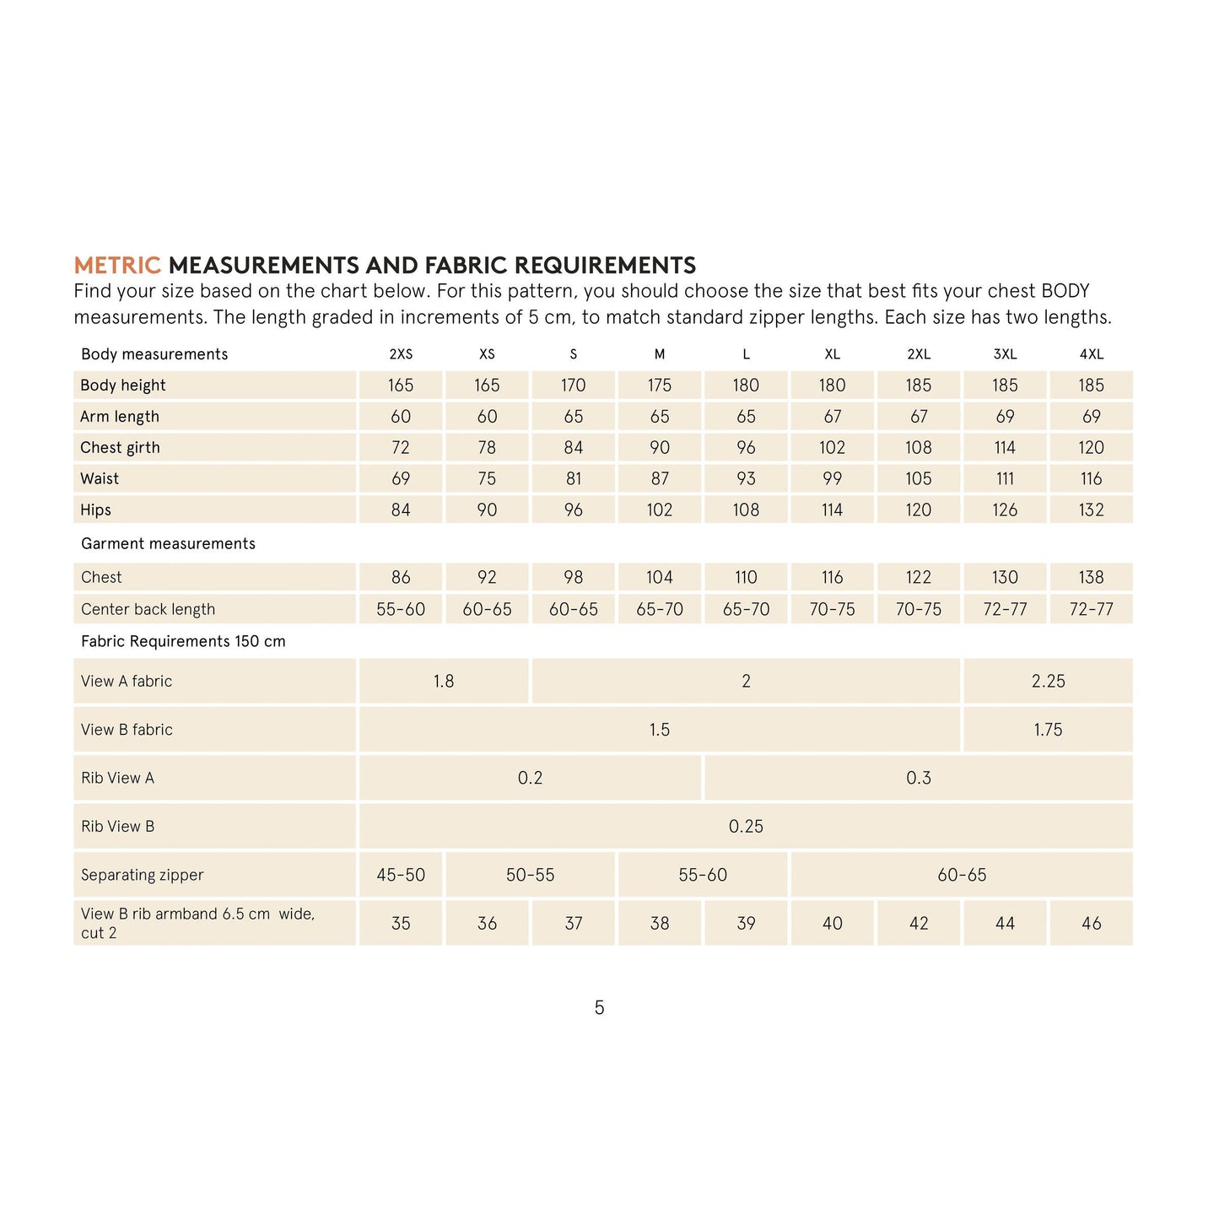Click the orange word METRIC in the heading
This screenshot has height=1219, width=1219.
pyautogui.click(x=116, y=266)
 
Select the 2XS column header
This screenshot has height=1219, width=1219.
pyautogui.click(x=401, y=354)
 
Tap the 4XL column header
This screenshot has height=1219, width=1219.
pyautogui.click(x=1091, y=354)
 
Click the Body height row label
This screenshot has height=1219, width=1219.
pyautogui.click(x=123, y=386)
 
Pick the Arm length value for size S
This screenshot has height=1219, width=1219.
pyautogui.click(x=573, y=417)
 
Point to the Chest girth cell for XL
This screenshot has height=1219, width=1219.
pyautogui.click(x=832, y=448)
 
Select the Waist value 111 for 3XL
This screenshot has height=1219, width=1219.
pyautogui.click(x=1005, y=479)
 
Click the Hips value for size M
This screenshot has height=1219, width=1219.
pyautogui.click(x=659, y=510)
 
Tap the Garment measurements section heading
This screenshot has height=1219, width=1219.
pyautogui.click(x=168, y=544)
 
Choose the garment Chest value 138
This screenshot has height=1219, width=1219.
pyautogui.click(x=1091, y=578)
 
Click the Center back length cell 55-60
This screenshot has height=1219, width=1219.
pyautogui.click(x=401, y=609)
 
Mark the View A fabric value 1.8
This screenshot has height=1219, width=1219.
pyautogui.click(x=444, y=682)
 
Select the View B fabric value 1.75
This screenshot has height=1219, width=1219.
pyautogui.click(x=1048, y=730)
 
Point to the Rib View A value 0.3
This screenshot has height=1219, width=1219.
pyautogui.click(x=918, y=778)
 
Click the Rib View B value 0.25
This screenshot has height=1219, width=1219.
pyautogui.click(x=746, y=827)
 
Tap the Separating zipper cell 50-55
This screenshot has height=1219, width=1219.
pyautogui.click(x=530, y=876)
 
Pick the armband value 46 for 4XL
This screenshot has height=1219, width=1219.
pyautogui.click(x=1091, y=924)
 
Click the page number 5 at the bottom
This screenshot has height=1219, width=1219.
pyautogui.click(x=599, y=1007)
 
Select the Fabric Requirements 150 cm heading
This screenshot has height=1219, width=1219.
pyautogui.click(x=183, y=641)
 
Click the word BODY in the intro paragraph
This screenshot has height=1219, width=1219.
pyautogui.click(x=1065, y=292)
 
